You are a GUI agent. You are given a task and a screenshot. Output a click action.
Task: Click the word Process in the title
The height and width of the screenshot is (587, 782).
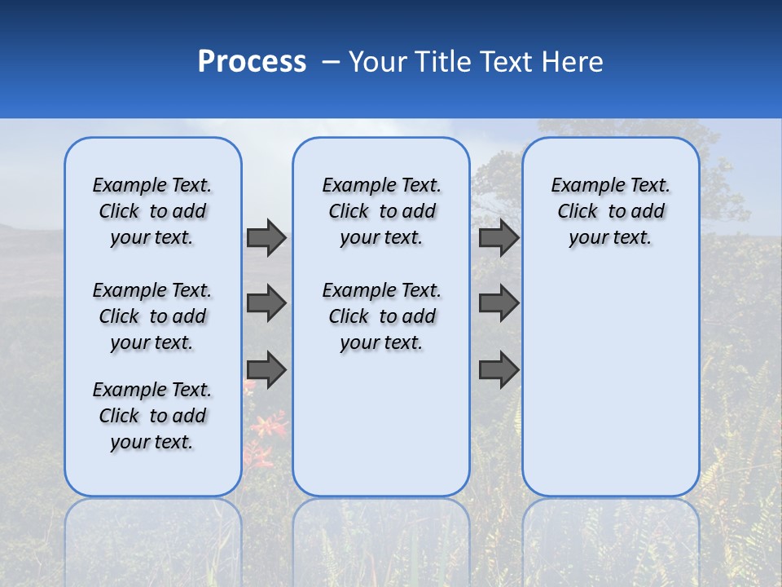pos(252,62)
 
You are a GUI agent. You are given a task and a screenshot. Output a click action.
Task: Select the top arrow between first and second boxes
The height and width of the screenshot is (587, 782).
pos(266,237)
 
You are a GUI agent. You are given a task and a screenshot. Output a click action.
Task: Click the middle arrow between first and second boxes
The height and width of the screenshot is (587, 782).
pos(266,303)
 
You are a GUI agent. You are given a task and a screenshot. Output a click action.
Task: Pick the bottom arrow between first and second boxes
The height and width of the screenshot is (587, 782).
pos(266,370)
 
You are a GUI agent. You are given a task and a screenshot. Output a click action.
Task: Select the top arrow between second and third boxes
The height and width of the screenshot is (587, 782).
pos(499,237)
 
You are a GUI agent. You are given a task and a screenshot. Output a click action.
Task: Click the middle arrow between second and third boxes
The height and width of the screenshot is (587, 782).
pos(499,303)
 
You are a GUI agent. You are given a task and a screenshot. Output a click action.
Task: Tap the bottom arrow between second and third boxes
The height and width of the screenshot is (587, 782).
pos(499,370)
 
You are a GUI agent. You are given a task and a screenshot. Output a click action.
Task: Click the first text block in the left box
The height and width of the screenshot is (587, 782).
pos(152,211)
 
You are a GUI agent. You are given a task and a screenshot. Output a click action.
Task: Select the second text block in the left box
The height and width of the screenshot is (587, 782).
pos(152,316)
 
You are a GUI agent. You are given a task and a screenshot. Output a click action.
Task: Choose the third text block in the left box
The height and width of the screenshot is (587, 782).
pos(152,416)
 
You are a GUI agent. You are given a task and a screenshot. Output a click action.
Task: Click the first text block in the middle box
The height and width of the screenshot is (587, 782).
pos(381,211)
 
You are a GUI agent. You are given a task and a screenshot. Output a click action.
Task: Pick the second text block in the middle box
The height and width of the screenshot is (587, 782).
pos(381,316)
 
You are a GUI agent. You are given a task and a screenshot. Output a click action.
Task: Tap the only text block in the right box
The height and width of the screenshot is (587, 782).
pos(610,211)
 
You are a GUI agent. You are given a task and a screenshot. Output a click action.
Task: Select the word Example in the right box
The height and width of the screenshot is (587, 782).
pos(582,186)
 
